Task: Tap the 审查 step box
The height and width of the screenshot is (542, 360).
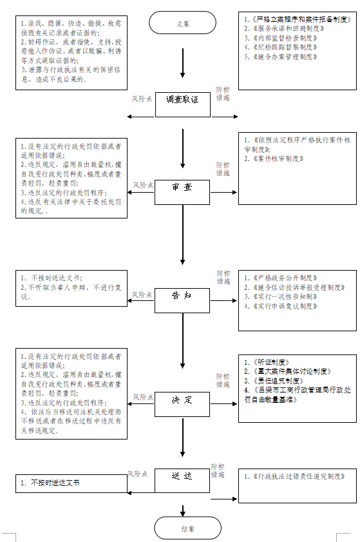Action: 182,191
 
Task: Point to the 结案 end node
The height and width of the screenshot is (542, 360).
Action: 183,528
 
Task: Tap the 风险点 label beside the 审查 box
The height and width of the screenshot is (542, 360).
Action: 143,186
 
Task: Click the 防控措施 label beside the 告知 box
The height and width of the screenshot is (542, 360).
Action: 223,277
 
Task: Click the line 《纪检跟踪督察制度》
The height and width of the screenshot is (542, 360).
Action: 281,47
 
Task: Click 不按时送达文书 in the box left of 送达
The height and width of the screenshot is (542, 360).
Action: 55,482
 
